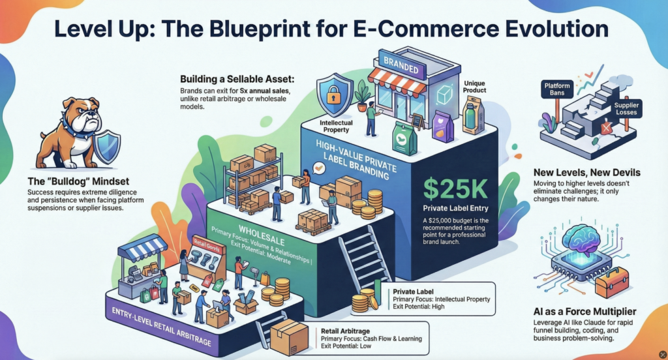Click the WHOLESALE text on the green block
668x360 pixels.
(250, 232)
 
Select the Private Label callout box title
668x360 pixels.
(412, 292)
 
